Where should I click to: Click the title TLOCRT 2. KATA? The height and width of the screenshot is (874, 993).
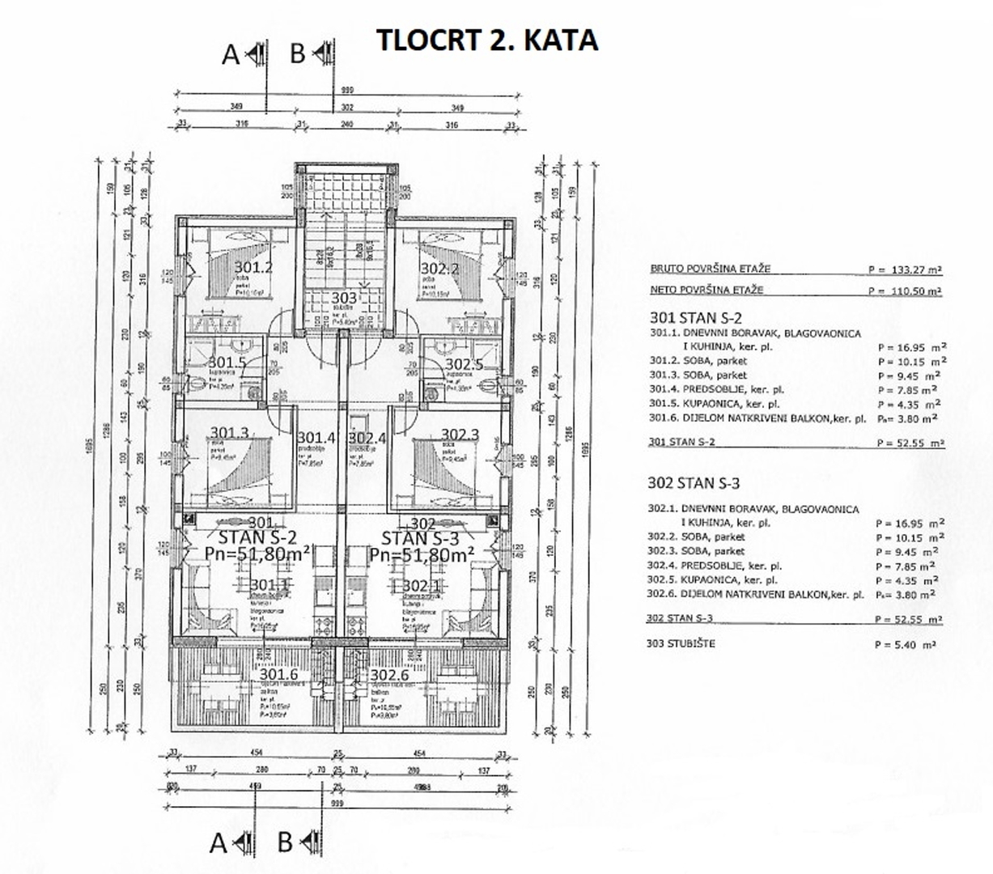[x=486, y=40]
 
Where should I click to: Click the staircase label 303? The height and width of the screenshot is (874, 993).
[x=344, y=299]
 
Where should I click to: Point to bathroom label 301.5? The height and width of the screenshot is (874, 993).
[x=227, y=363]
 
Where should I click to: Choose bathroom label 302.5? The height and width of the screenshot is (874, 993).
[x=465, y=363]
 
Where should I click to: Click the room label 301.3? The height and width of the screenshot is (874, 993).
[x=229, y=434]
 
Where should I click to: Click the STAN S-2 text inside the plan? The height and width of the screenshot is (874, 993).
[x=253, y=538]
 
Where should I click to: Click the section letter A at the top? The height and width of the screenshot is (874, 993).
[x=231, y=54]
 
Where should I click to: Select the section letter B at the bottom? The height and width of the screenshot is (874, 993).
[x=285, y=842]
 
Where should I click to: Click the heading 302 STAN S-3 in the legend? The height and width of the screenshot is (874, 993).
[x=694, y=483]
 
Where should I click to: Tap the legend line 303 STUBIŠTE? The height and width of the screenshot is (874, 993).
[x=681, y=644]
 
